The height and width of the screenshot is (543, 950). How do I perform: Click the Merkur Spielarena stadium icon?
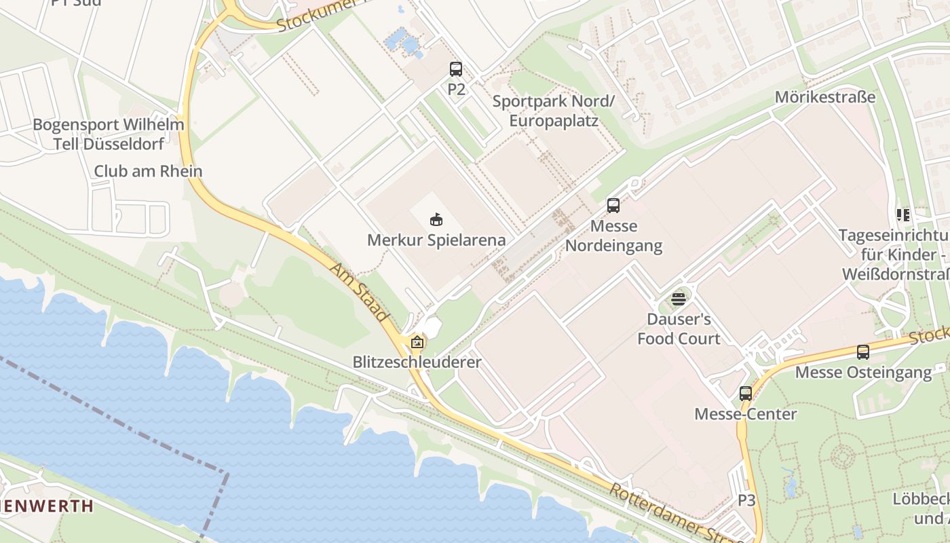pos(436,220)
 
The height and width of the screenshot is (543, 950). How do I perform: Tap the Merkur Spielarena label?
pos(436,240)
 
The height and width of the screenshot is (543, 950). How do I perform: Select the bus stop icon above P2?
pos(456,69)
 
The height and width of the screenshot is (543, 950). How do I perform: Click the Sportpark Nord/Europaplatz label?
pos(553,111)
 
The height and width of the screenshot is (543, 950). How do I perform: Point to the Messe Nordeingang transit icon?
pos(613,205)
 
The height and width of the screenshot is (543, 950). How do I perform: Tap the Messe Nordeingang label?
pos(613,236)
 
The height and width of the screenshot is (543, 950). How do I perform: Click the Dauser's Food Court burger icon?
pos(678,299)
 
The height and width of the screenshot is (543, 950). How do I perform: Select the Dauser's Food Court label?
pos(678,329)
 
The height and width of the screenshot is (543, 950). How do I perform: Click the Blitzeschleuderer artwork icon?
pos(417,343)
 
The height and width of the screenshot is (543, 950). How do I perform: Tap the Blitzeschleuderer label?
pos(417,362)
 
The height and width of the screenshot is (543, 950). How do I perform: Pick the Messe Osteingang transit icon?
pos(862,352)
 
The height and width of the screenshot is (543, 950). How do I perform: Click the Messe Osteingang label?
pos(863,373)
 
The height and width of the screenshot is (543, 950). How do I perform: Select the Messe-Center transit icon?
pos(746,393)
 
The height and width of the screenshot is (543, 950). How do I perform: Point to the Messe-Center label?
pos(746,414)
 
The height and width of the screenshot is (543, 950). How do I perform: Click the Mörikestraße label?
pos(825,97)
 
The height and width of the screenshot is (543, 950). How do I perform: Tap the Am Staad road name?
pos(359,292)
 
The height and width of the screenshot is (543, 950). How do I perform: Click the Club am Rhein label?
pos(148,171)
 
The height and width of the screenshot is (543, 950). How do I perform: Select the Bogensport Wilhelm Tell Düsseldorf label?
pos(109,134)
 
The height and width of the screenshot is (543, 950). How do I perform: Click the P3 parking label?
pos(746,501)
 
